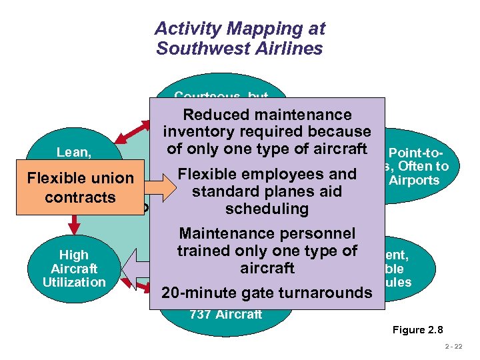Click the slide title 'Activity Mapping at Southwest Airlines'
pyautogui.click(x=239, y=39)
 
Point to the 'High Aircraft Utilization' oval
pyautogui.click(x=74, y=268)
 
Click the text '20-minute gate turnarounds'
pyautogui.click(x=267, y=293)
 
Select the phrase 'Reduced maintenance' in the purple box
pyautogui.click(x=267, y=115)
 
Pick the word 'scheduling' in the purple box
pyautogui.click(x=267, y=209)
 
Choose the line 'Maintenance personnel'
pyautogui.click(x=267, y=234)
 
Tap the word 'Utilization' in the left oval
pyautogui.click(x=74, y=282)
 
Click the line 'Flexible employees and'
pyautogui.click(x=267, y=175)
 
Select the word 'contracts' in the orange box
pyautogui.click(x=81, y=198)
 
